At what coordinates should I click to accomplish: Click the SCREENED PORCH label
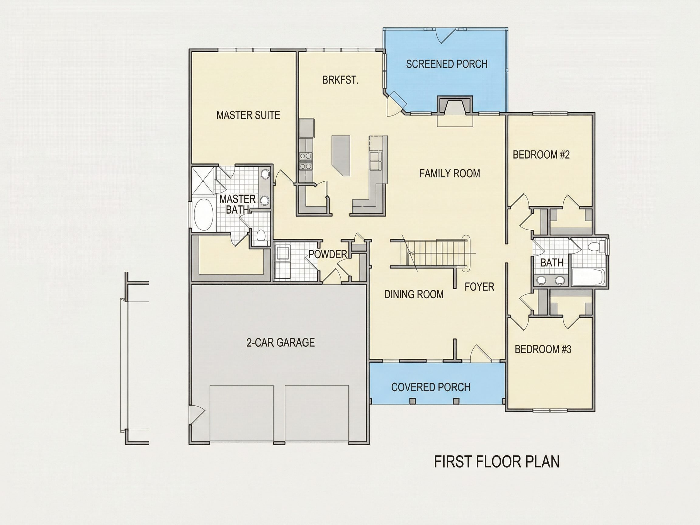(x=447, y=64)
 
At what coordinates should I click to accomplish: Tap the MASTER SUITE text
(x=248, y=115)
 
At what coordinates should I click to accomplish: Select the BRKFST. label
(x=341, y=81)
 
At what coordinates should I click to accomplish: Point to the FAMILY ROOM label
(x=450, y=173)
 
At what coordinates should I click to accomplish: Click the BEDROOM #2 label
(x=541, y=155)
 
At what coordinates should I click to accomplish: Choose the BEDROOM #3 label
(x=543, y=349)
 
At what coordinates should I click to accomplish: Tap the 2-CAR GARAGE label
(x=280, y=342)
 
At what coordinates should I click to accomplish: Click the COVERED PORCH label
(x=431, y=387)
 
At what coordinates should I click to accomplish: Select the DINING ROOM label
(x=414, y=295)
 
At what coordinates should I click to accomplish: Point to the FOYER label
(x=479, y=287)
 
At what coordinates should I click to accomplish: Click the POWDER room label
(x=328, y=254)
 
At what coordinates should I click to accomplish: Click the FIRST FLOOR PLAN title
(x=497, y=462)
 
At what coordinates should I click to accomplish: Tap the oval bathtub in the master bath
(x=204, y=216)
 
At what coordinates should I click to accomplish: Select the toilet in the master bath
(x=261, y=238)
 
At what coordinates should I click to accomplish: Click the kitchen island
(x=341, y=156)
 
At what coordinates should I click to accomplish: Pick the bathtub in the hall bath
(x=588, y=277)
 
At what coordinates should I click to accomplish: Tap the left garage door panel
(x=242, y=413)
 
